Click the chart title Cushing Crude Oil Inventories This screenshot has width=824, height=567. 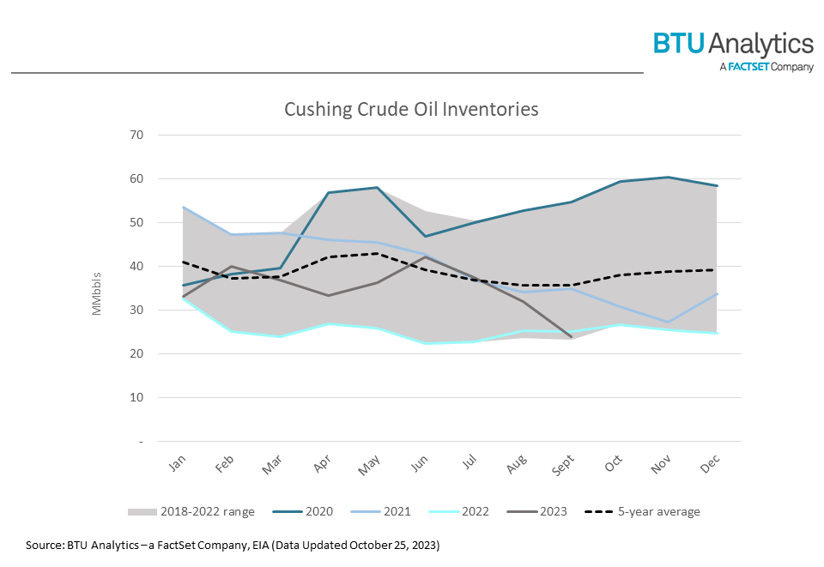click(411, 110)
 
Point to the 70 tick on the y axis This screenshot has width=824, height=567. click(161, 136)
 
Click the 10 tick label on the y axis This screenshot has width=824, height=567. click(161, 398)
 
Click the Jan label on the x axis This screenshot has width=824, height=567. click(177, 464)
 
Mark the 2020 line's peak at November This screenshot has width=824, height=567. click(668, 178)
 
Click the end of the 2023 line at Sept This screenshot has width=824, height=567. click(571, 336)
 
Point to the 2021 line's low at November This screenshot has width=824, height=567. click(668, 323)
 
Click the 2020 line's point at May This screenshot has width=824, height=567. click(377, 188)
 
